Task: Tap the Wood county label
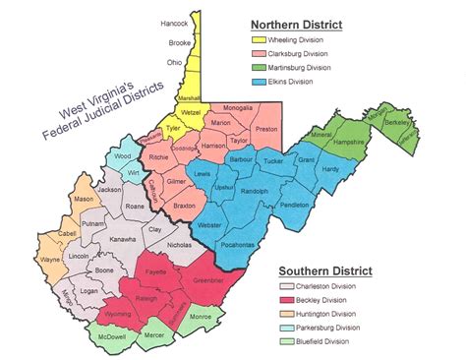pyautogui.click(x=122, y=155)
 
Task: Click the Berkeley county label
pyautogui.click(x=426, y=123)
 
